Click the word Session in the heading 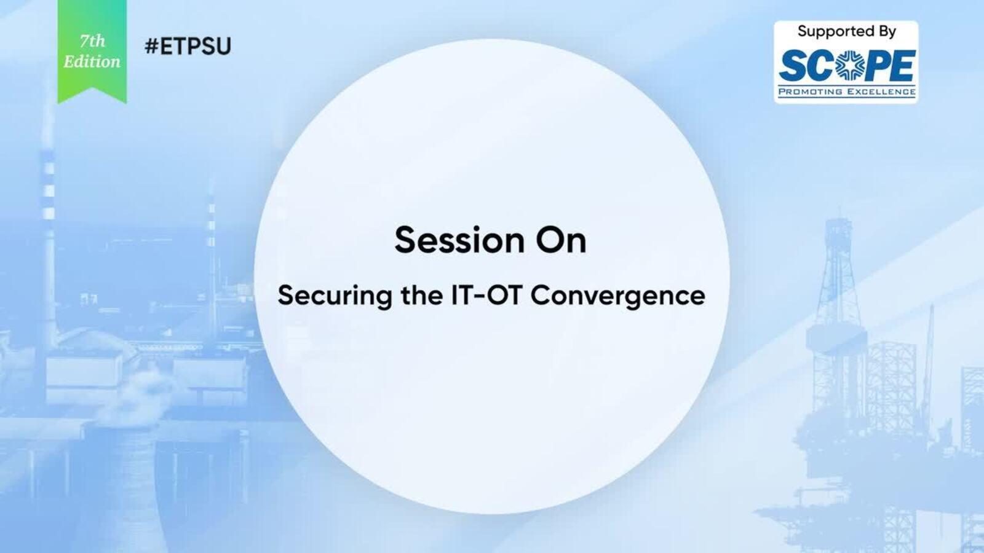(459, 240)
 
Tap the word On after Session (561, 240)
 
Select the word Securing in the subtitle (335, 296)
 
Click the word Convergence (617, 296)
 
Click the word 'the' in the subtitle (422, 295)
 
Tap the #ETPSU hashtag (188, 46)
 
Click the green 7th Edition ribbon (92, 50)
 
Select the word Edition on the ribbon (92, 62)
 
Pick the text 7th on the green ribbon (93, 41)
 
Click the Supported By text (846, 31)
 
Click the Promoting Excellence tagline (847, 92)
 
